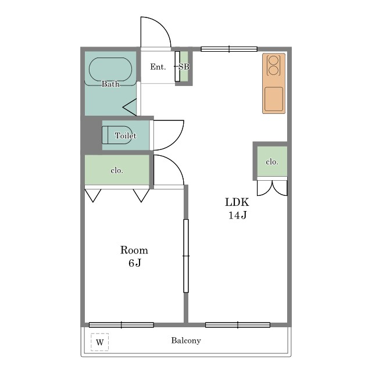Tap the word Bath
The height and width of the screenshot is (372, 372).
tap(110, 84)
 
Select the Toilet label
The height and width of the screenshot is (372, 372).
tap(126, 135)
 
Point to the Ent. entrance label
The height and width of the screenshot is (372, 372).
tap(158, 67)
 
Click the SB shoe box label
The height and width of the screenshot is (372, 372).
tap(184, 67)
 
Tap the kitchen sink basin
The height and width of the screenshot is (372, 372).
tap(274, 99)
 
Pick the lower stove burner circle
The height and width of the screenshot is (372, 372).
tap(274, 70)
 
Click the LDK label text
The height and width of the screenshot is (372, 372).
tap(237, 202)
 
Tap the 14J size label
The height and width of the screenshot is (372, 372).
tap(238, 215)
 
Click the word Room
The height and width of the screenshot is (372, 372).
tap(134, 250)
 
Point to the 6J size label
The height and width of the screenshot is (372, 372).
tap(134, 263)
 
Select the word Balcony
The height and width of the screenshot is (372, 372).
tap(186, 341)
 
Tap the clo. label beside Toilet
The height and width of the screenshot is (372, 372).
tap(117, 170)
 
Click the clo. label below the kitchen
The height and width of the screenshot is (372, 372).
tap(272, 162)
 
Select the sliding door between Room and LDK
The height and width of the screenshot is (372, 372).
tap(186, 256)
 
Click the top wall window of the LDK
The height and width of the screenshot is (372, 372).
tap(229, 49)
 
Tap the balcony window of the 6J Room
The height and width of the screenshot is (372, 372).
tap(121, 325)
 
